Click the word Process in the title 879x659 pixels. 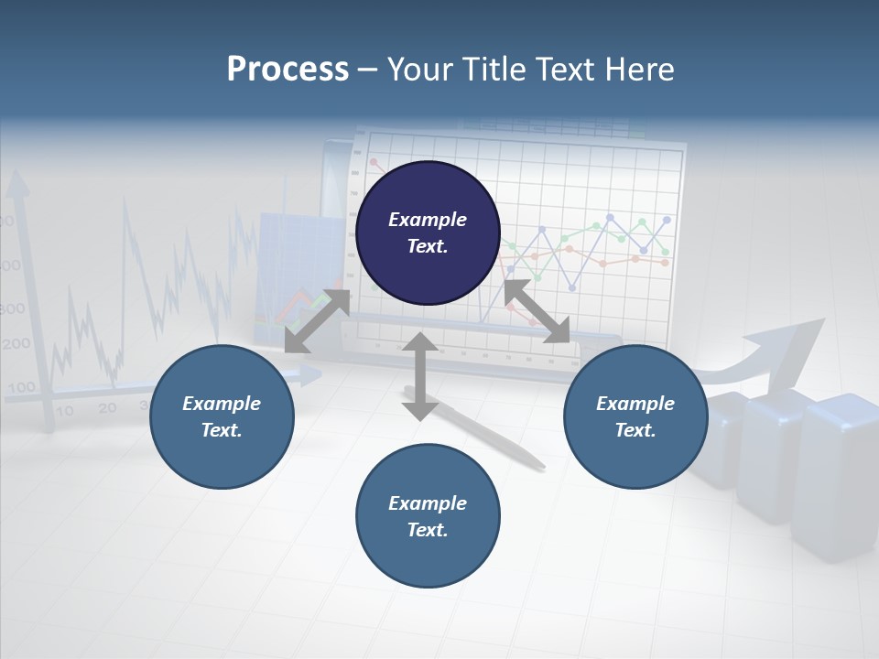288,70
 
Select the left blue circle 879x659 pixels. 222,416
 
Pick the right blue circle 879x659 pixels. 635,416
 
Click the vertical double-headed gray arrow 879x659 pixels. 420,376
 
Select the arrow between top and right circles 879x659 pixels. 537,312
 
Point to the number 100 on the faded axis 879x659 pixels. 21,387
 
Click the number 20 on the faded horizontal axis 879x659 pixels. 107,408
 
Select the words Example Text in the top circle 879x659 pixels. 428,232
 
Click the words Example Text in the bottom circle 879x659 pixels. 428,516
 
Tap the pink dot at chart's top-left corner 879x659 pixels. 374,162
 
